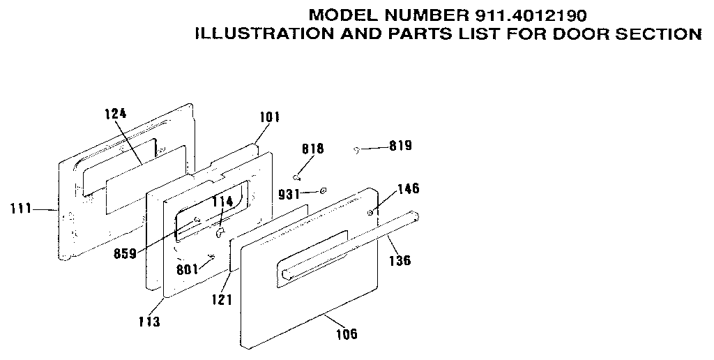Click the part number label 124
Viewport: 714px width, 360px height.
(x=116, y=112)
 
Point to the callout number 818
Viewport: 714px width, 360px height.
(x=312, y=149)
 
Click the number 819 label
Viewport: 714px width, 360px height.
(x=401, y=147)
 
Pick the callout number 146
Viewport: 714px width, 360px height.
(x=409, y=189)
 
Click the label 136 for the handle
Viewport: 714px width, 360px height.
(x=400, y=262)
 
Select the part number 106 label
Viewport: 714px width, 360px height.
(x=346, y=334)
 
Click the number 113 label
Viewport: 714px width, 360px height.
(x=149, y=322)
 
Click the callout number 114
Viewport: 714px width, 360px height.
(x=222, y=202)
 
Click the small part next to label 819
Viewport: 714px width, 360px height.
(x=356, y=149)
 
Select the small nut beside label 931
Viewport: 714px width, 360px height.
(x=324, y=190)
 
